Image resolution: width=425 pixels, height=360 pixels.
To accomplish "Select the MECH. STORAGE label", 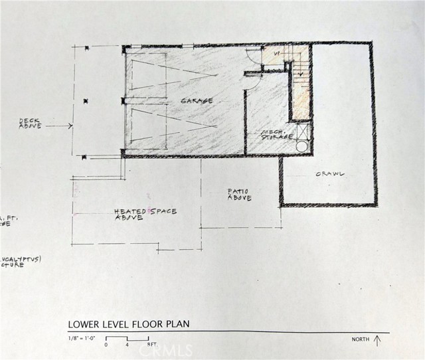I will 276,135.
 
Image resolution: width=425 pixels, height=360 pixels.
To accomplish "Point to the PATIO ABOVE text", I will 239,195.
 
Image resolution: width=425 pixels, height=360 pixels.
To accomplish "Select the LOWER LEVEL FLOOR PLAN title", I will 128,325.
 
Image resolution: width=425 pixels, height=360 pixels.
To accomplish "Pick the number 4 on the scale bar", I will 127,346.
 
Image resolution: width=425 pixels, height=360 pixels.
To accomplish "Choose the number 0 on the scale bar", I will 106,346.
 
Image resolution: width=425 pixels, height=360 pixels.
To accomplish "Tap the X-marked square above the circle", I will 302,130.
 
